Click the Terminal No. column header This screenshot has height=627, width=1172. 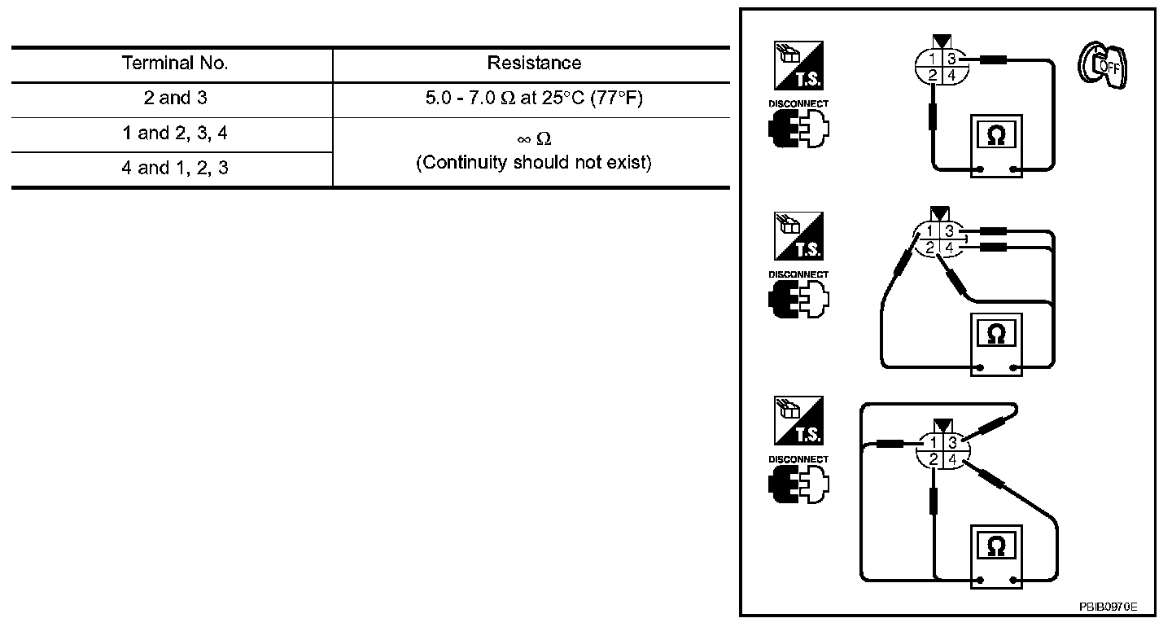tap(174, 64)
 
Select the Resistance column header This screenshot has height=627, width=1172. tap(534, 64)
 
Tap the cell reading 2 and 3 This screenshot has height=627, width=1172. tap(174, 99)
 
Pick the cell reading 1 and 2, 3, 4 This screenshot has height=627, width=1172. tap(174, 134)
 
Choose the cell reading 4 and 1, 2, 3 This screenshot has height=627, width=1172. tap(174, 169)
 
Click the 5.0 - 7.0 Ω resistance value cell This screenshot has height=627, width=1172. tap(534, 99)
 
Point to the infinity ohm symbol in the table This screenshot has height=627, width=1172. tap(534, 139)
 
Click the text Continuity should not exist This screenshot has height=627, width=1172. tap(534, 163)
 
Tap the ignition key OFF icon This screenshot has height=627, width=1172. tap(1101, 66)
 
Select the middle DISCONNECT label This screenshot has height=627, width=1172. tap(798, 274)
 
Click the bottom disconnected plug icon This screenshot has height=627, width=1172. tap(798, 486)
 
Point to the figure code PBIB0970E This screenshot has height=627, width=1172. tap(1108, 607)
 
